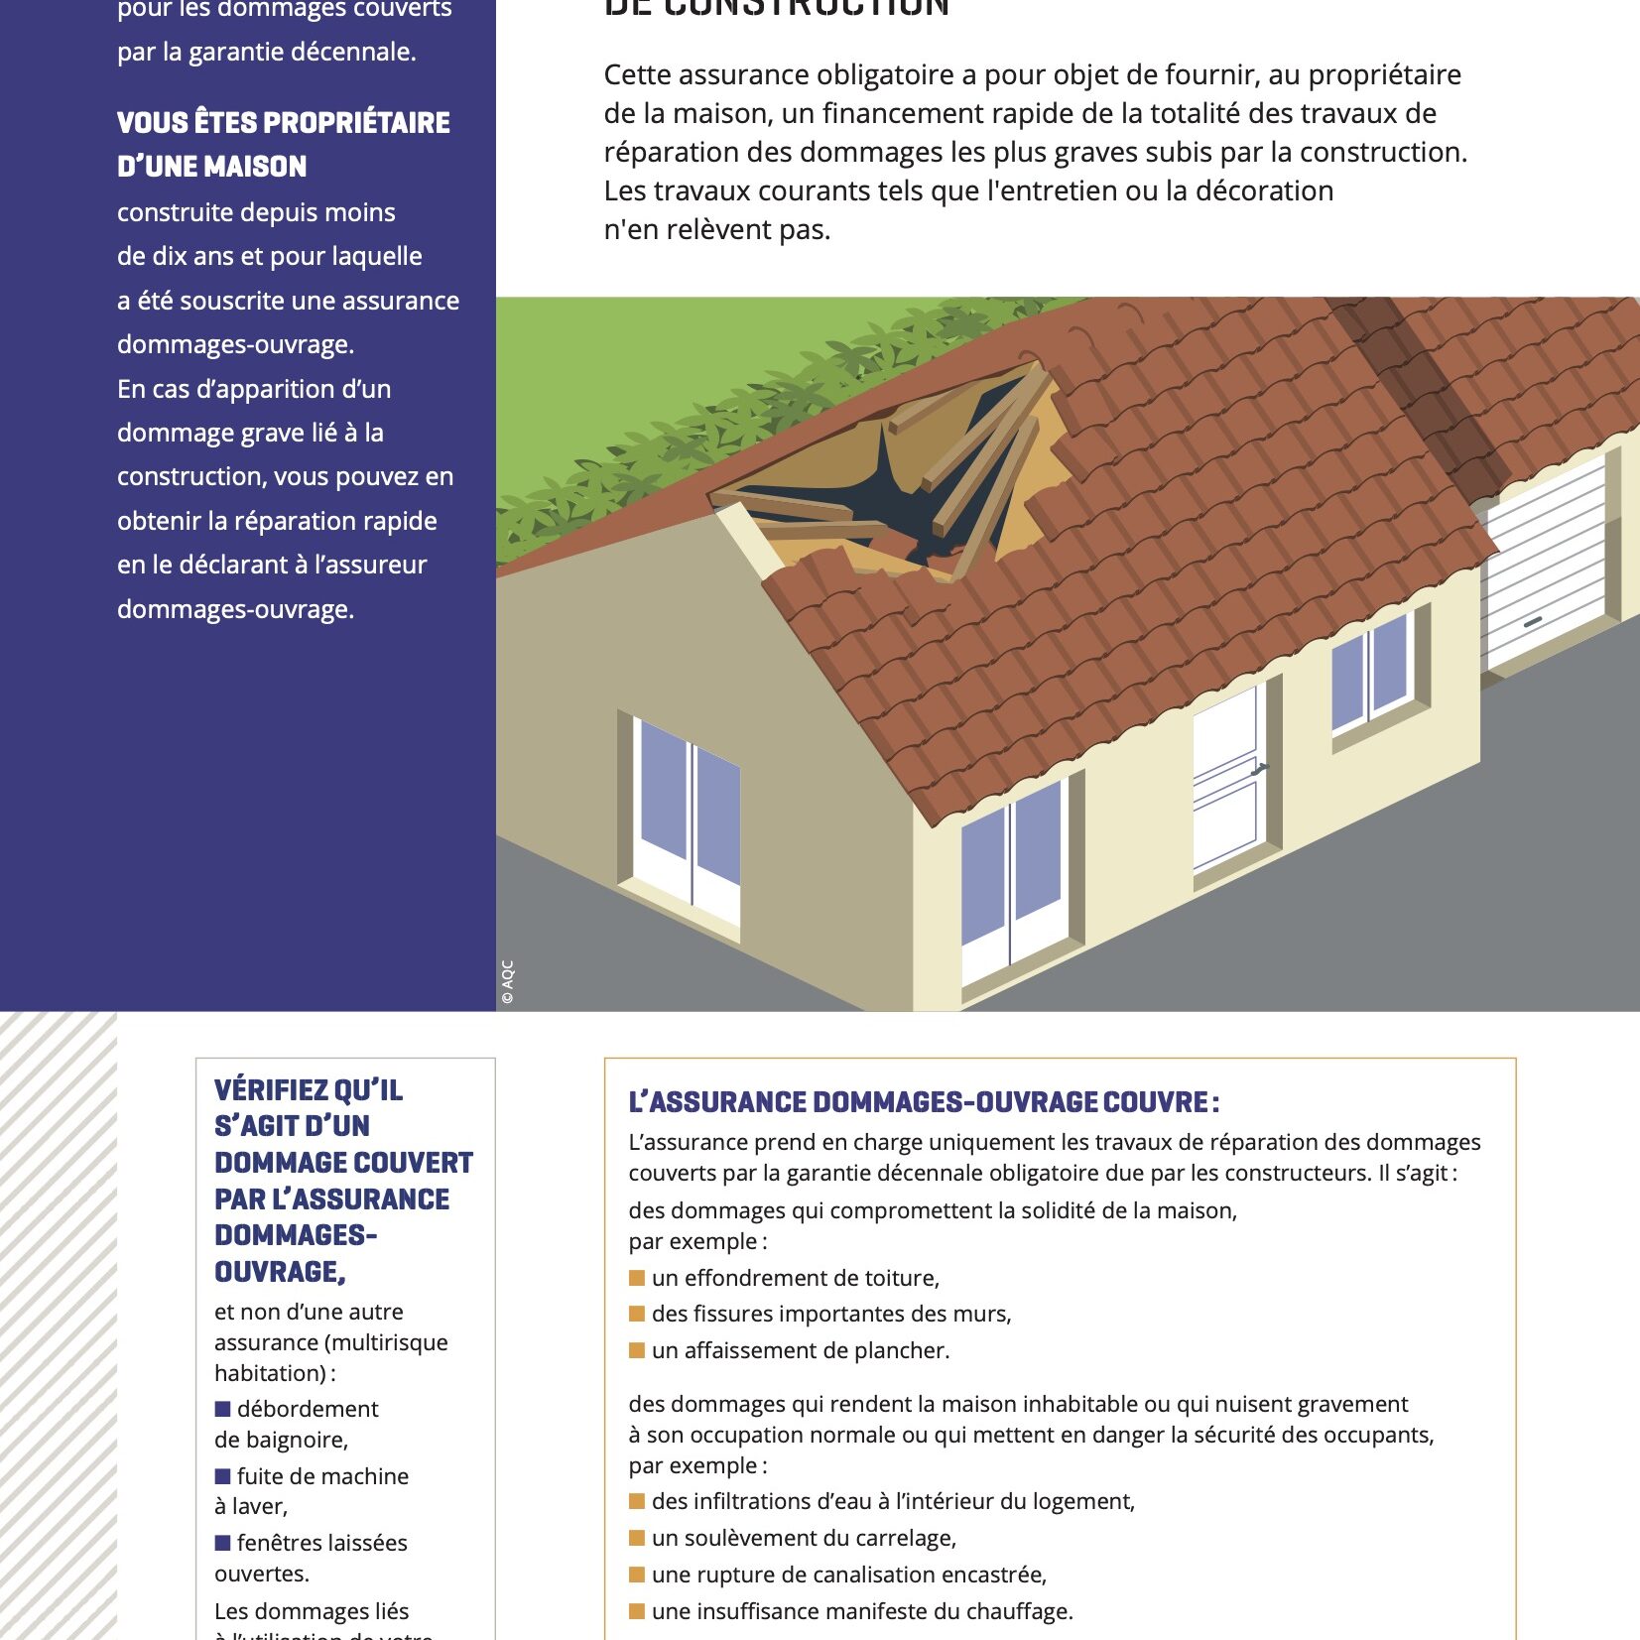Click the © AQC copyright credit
(x=508, y=982)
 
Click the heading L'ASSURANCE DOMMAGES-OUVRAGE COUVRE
(x=923, y=1102)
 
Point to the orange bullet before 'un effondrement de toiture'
(x=637, y=1277)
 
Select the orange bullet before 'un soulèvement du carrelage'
(x=637, y=1537)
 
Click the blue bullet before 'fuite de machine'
(x=223, y=1475)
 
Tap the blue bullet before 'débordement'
(x=223, y=1408)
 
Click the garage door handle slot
(x=1533, y=621)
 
